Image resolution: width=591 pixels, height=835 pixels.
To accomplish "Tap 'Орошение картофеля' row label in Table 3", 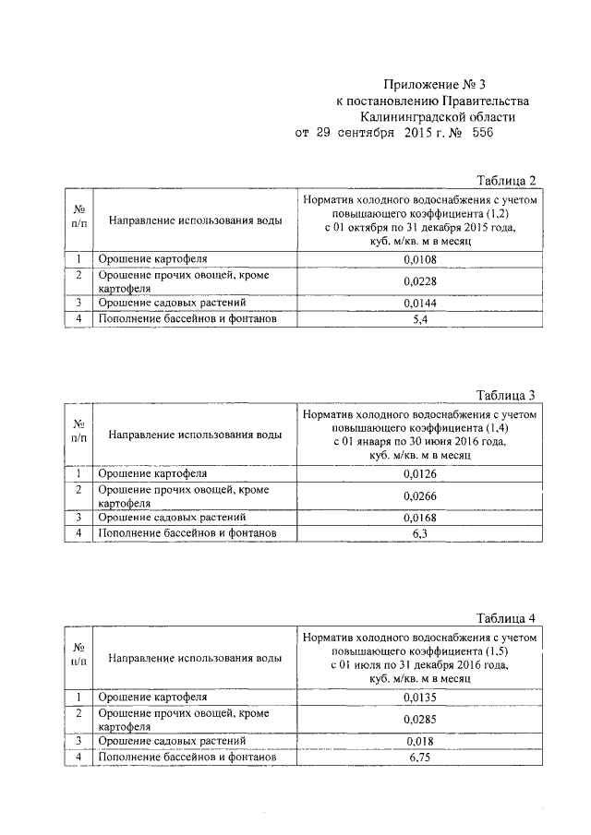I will [x=153, y=474].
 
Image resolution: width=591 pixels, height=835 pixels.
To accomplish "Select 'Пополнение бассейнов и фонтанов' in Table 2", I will [x=187, y=319].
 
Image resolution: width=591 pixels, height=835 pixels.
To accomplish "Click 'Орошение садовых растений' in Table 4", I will [x=173, y=740].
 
